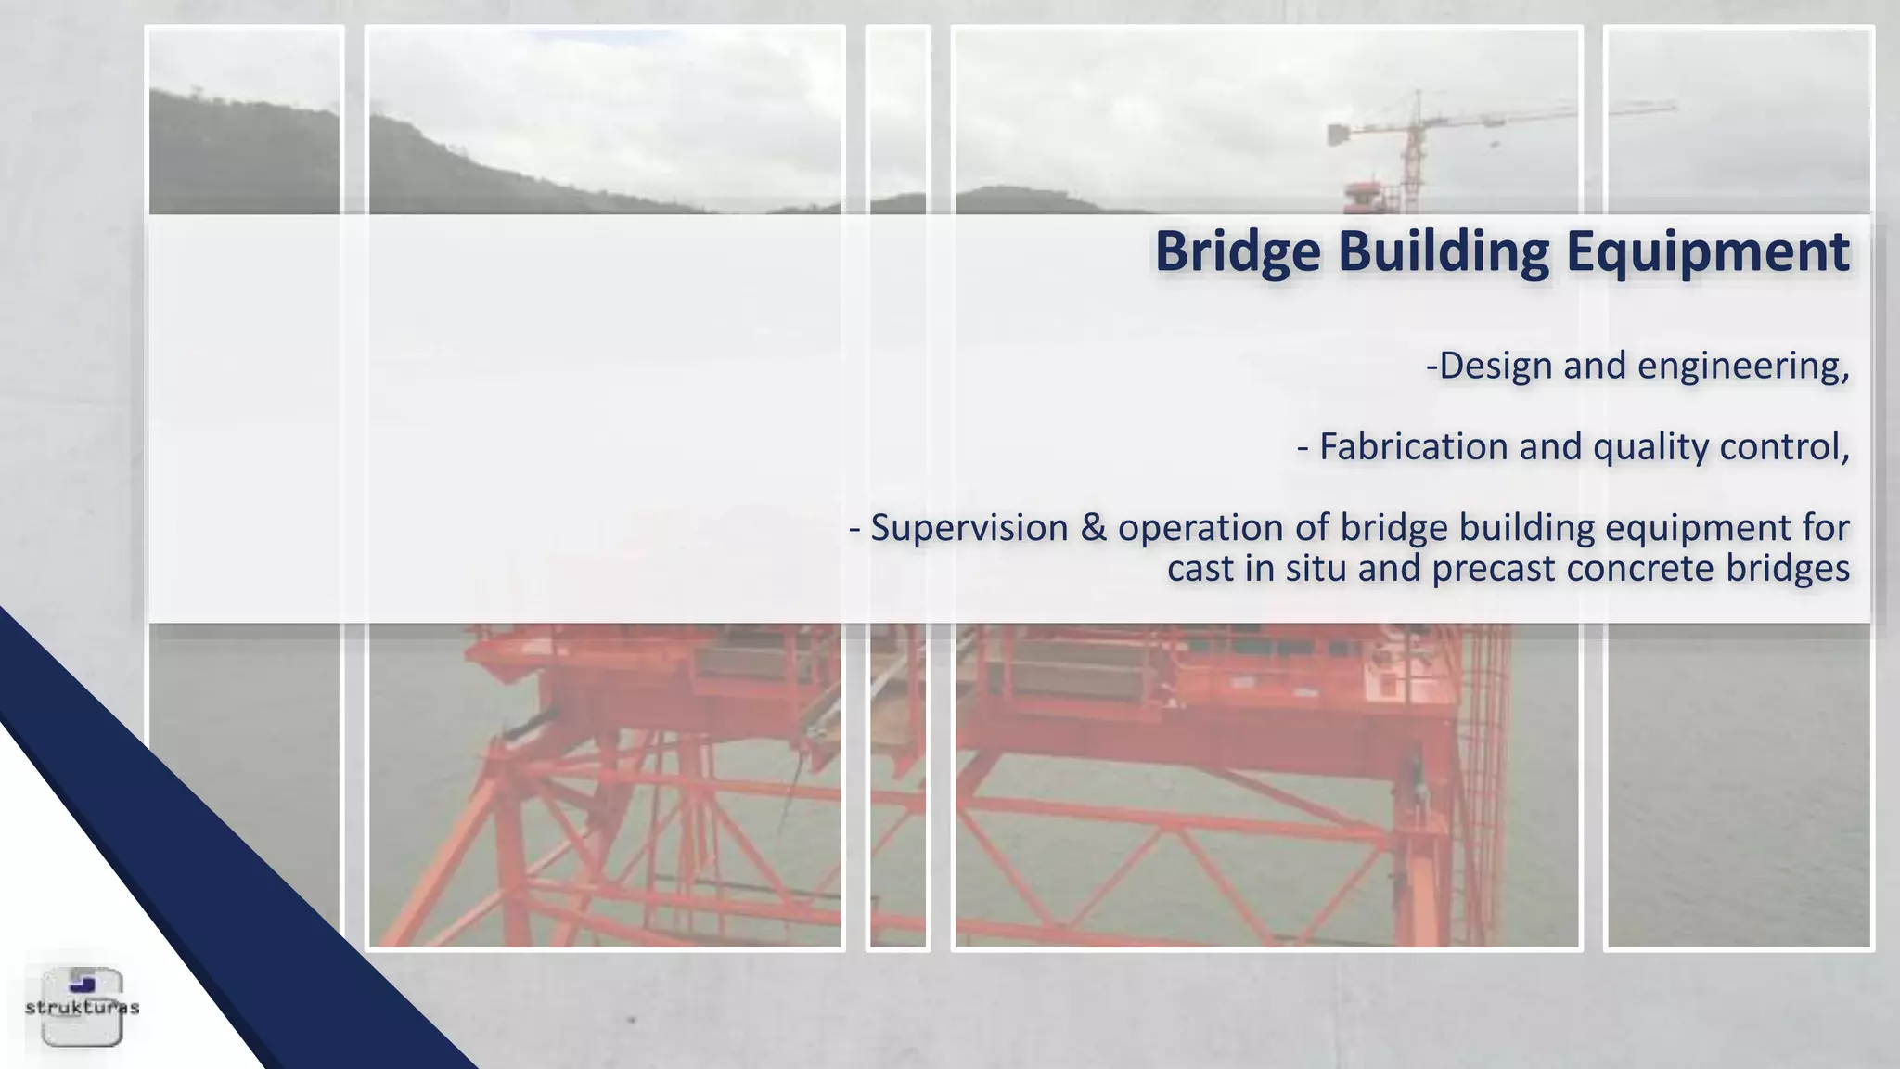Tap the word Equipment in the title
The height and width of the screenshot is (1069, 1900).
(1707, 251)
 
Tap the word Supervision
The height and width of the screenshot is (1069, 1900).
(969, 529)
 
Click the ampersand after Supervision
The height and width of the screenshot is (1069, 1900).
(1093, 528)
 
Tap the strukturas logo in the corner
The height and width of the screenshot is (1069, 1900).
(82, 1007)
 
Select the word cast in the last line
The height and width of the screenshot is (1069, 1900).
(1200, 569)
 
